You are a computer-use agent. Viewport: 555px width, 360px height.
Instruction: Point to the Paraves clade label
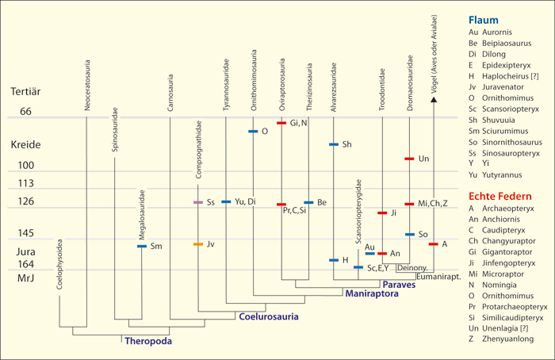tap(399, 283)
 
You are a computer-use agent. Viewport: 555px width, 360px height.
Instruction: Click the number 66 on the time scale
tap(25, 111)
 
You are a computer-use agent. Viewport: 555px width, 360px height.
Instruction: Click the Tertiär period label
tap(27, 92)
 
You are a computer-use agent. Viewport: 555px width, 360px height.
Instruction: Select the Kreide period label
tap(25, 145)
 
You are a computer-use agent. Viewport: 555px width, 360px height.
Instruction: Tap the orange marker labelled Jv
tap(197, 244)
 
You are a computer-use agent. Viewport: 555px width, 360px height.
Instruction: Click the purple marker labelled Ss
tap(197, 202)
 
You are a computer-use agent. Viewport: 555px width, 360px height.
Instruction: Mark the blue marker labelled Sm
tap(141, 247)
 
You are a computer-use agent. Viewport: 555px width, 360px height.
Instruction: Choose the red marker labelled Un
tap(409, 159)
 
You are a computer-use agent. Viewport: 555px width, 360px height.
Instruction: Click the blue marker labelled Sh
tap(333, 144)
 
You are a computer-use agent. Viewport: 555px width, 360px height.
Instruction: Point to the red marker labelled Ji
tap(382, 213)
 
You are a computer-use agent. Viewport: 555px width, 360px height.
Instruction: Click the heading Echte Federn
tap(498, 196)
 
